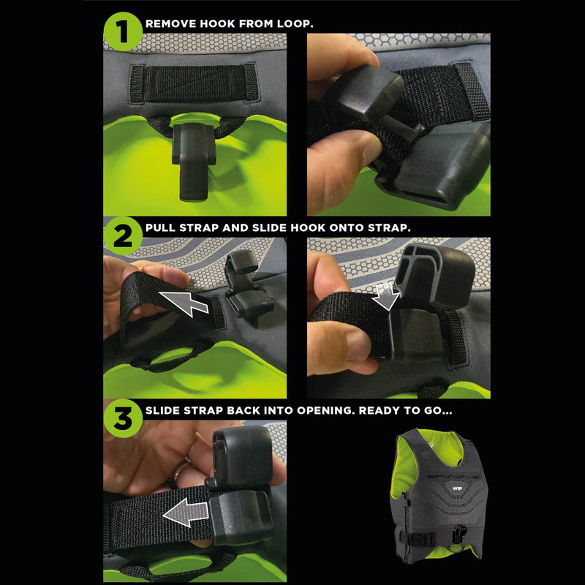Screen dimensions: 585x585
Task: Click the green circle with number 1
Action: [x=122, y=30]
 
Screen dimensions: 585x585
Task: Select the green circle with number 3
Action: [x=122, y=418]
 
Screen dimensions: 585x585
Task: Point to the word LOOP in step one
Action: [x=294, y=23]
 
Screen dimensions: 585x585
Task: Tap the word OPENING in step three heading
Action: [x=325, y=411]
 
